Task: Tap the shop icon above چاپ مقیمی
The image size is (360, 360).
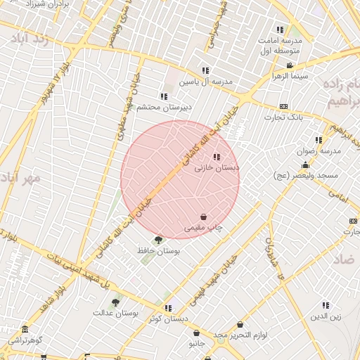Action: [203, 217]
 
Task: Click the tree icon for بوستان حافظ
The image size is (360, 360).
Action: [157, 240]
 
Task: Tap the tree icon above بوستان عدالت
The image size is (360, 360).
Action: [115, 302]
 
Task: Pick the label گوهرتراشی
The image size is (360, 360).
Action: [25, 340]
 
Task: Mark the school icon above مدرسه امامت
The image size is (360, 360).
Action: [280, 30]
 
